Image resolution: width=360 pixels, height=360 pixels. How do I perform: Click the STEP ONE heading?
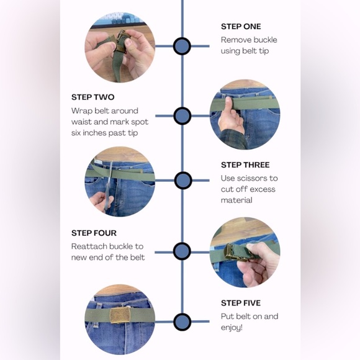(x=241, y=27)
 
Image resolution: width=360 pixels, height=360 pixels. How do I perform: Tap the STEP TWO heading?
(x=92, y=97)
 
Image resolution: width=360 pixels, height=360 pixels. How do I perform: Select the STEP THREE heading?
(x=245, y=165)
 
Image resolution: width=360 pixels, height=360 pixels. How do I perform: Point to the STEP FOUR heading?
(x=94, y=233)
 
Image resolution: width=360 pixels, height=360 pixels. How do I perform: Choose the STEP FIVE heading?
(x=241, y=303)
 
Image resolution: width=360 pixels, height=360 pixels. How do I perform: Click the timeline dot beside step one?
(x=182, y=46)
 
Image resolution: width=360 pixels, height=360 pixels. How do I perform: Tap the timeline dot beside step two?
(x=182, y=116)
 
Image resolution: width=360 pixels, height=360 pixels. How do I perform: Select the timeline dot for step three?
(x=183, y=181)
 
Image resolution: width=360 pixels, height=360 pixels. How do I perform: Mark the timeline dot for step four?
(x=182, y=251)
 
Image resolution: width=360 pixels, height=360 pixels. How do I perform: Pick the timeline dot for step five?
(x=182, y=322)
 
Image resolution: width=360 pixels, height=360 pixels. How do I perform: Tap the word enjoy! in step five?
(x=232, y=328)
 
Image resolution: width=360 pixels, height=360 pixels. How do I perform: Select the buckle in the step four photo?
(x=234, y=253)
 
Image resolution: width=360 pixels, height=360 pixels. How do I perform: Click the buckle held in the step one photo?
(x=120, y=42)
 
